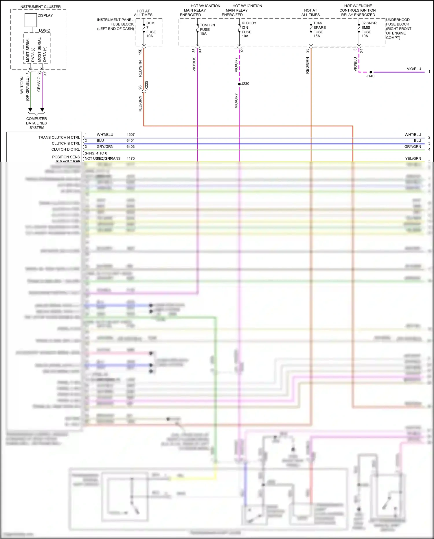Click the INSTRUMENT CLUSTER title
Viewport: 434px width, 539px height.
(x=40, y=7)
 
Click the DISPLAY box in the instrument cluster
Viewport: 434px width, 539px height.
(x=31, y=20)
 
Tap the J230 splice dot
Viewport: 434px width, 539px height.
(x=239, y=84)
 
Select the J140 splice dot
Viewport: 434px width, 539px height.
(x=371, y=72)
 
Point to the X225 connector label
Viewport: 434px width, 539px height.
(x=146, y=85)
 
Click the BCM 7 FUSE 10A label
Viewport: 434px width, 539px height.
(x=151, y=30)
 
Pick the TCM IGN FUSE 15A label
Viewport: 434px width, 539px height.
(x=207, y=29)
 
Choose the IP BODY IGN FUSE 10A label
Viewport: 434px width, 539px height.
(x=249, y=30)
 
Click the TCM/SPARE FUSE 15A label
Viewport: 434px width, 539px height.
(x=319, y=30)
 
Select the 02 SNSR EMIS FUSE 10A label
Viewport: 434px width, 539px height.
(x=369, y=30)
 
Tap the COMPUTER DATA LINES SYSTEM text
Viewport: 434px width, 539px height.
(x=36, y=123)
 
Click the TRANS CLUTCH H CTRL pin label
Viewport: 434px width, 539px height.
(x=59, y=138)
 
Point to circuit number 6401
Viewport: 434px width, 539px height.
(x=130, y=140)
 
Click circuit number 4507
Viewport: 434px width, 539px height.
(x=130, y=135)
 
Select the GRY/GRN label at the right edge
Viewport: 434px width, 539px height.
(x=413, y=147)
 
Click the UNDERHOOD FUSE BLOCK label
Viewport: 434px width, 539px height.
(x=398, y=29)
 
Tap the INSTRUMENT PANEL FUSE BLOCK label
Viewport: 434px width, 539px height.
(x=115, y=24)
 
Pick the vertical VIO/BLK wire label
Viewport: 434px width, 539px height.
(x=194, y=64)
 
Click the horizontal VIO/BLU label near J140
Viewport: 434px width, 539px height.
(x=414, y=69)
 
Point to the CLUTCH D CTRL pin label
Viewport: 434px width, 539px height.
(x=65, y=149)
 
